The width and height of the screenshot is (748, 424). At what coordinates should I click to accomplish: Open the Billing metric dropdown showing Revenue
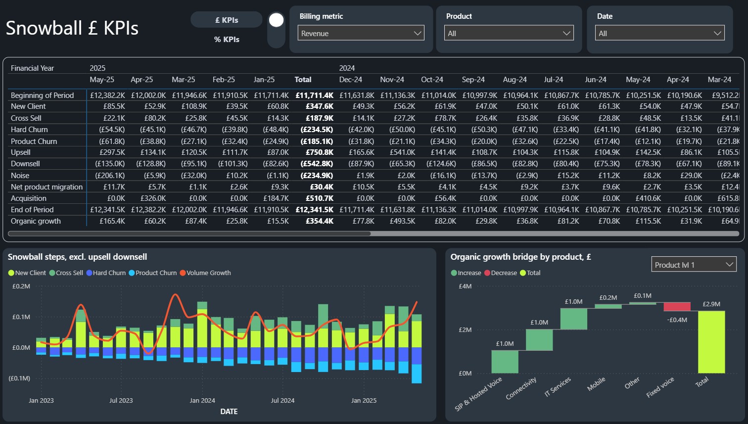coord(361,33)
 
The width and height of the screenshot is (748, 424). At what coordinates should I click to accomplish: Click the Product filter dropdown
coord(509,33)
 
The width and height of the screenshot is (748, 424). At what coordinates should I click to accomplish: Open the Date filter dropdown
coord(659,33)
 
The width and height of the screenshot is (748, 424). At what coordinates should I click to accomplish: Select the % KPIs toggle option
coord(227,40)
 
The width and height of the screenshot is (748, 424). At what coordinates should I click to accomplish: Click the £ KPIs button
coord(227,20)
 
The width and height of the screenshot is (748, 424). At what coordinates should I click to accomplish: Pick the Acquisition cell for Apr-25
coord(153,198)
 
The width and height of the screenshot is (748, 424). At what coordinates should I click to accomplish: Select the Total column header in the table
coord(303,80)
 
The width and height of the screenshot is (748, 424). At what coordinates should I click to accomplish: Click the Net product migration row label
coord(47,187)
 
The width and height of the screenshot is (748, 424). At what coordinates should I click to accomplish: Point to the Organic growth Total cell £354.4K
coord(320,221)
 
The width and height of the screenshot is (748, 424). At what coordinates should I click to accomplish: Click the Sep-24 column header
coord(473,80)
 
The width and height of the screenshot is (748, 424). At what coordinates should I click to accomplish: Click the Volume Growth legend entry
coord(205,273)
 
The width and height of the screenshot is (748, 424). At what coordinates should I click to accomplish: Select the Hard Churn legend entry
coord(106,273)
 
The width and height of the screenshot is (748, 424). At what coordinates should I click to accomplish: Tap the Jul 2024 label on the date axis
coord(282,400)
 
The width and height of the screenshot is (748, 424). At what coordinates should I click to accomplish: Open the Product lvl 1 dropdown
coord(694,265)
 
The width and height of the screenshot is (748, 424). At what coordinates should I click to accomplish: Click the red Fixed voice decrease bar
coord(677,306)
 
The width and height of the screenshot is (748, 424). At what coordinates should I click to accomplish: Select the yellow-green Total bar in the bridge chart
coord(711,342)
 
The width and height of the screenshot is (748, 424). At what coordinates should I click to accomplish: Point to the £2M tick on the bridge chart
coord(465,330)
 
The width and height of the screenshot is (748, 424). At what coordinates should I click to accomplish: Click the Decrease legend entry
coord(501,273)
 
